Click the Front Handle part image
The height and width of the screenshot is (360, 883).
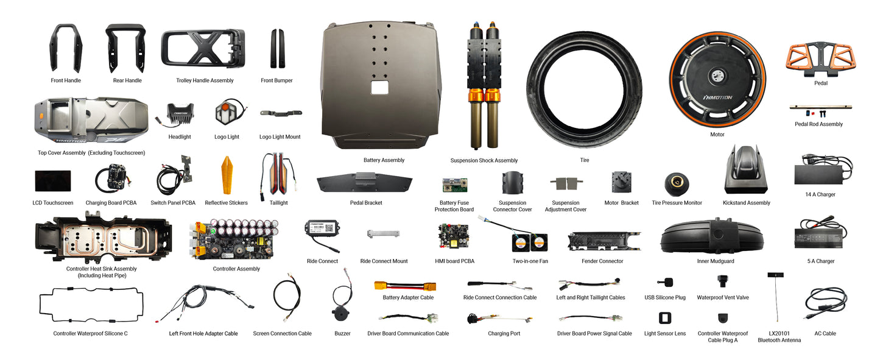pos(66,49)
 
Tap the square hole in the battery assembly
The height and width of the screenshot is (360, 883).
pos(379,87)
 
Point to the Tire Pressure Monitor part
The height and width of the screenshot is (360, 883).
pos(676,182)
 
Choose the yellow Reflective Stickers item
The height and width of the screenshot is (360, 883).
pos(226,175)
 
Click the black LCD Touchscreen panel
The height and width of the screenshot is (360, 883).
pos(52,181)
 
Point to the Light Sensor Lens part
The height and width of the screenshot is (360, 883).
pos(664,318)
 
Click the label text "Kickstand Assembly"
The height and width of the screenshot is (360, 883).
pos(746,203)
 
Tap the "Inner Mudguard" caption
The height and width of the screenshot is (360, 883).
pos(715,261)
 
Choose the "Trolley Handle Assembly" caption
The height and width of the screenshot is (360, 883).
pos(205,80)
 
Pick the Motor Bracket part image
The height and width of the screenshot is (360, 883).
pos(621,182)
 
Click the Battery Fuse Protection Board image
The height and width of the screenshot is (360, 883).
pos(454,185)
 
